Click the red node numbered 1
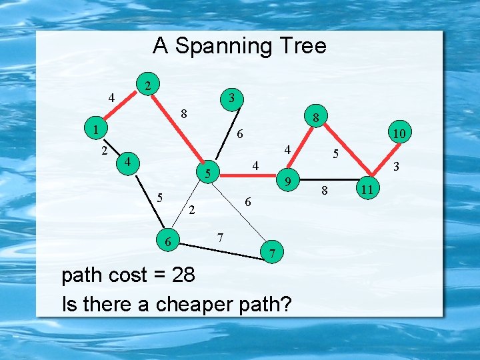pyautogui.click(x=96, y=128)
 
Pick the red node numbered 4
pyautogui.click(x=128, y=162)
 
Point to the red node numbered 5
pyautogui.click(x=208, y=174)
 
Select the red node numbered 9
pyautogui.click(x=287, y=180)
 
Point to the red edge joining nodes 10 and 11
pyautogui.click(x=383, y=162)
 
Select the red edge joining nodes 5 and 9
pyautogui.click(x=247, y=177)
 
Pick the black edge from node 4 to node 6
pyautogui.click(x=149, y=201)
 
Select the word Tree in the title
pyautogui.click(x=304, y=46)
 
